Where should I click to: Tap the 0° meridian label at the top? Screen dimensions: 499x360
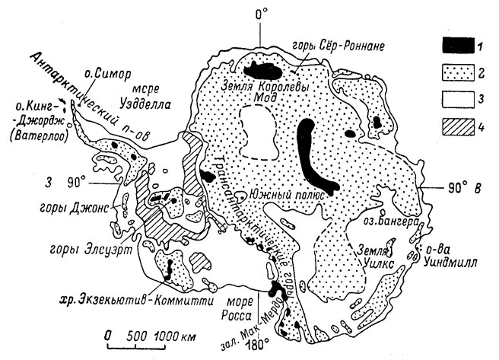tap(261, 14)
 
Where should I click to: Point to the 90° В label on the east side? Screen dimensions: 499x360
tap(465, 189)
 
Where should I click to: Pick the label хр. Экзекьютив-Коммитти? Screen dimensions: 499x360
tap(138, 300)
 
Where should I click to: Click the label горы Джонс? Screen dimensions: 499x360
tap(74, 209)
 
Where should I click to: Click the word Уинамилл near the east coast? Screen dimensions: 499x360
tap(450, 264)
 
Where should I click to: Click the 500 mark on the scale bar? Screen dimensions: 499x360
tap(138, 336)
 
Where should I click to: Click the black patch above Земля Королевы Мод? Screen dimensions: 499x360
tap(262, 71)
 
